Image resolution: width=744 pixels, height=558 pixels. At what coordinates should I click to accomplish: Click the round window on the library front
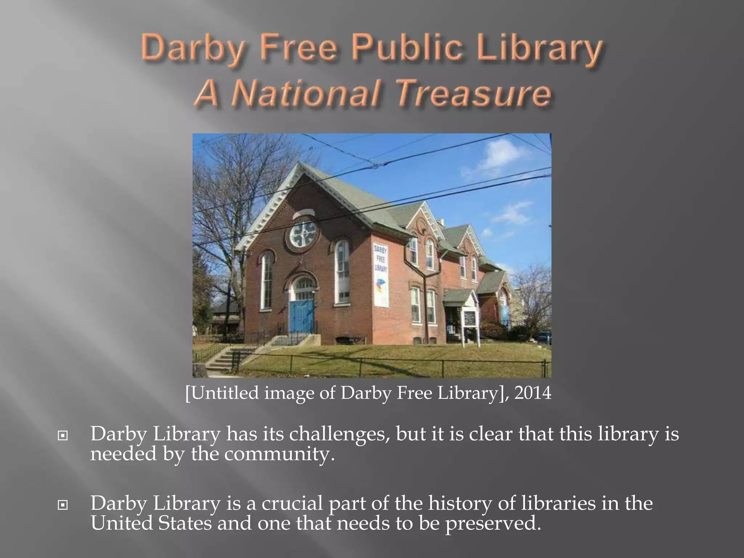[x=303, y=232]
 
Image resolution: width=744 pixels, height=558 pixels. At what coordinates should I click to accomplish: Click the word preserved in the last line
[x=490, y=523]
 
